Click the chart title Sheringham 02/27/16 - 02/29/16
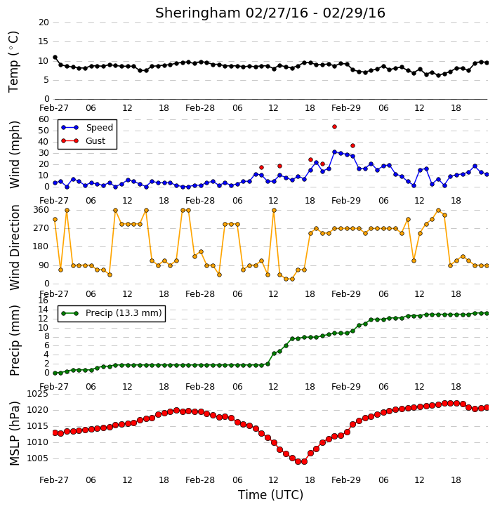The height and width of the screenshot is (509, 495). (x=270, y=13)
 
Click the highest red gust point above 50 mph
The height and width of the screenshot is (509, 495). (x=334, y=126)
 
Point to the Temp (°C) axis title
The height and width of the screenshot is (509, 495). (x=13, y=62)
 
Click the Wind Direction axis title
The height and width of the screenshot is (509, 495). (x=15, y=247)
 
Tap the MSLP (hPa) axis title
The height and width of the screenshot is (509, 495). (x=15, y=433)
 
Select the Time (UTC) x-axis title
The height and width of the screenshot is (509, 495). (x=270, y=495)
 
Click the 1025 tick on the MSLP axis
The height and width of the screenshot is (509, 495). (x=38, y=394)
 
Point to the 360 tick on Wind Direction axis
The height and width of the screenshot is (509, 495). (x=41, y=210)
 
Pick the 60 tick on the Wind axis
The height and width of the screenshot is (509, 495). (x=44, y=119)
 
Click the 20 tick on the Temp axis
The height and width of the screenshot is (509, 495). (x=44, y=22)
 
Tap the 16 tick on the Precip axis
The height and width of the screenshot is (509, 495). (x=44, y=300)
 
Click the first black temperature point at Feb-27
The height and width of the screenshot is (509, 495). (x=55, y=58)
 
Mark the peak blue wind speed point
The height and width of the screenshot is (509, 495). (x=334, y=152)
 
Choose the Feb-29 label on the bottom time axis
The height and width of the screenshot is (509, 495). (x=346, y=480)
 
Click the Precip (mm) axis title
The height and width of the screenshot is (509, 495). (x=15, y=341)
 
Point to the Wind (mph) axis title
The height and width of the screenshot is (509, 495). (x=15, y=154)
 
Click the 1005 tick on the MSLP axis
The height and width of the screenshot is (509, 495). (x=38, y=458)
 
